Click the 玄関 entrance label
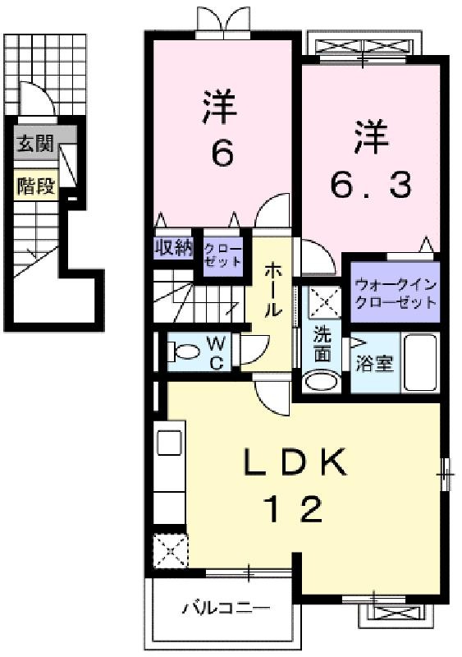coord(35,144)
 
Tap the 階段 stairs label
coord(36,186)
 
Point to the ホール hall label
coord(272,290)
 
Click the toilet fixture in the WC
coord(184,351)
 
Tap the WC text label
coord(217,353)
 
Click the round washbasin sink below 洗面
coord(322,380)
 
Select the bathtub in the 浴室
coord(420,363)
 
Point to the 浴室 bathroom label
coord(374,363)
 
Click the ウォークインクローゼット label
coord(396,293)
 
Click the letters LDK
coord(295,462)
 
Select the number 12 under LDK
coord(295,508)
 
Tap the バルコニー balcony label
coord(226,607)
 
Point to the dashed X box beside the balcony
coord(170,551)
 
